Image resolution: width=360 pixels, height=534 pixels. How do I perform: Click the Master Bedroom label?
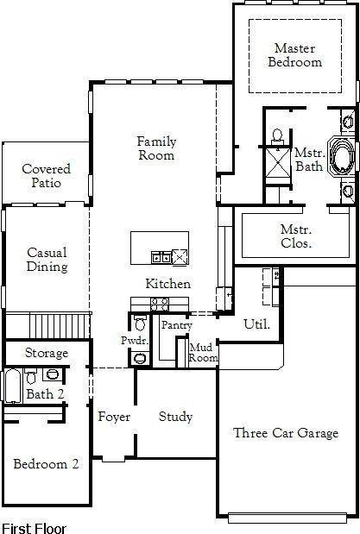(294, 55)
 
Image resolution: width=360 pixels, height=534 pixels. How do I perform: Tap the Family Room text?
(156, 148)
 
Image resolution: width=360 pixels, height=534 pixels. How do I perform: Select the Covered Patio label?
(46, 176)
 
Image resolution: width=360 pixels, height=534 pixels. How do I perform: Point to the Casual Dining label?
(47, 260)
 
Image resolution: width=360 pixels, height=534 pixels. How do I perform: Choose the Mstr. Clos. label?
(296, 236)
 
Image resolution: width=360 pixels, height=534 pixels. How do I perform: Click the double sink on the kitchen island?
(161, 256)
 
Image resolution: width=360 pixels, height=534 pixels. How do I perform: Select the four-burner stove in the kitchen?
(161, 303)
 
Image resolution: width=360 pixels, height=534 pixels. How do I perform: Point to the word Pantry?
(176, 325)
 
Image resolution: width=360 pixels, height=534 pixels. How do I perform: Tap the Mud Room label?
(203, 352)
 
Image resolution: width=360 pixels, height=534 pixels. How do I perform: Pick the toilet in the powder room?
(140, 325)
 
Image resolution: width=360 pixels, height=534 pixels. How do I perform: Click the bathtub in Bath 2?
(12, 387)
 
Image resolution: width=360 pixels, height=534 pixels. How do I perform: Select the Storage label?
(46, 354)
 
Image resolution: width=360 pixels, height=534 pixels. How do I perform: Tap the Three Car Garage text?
(286, 433)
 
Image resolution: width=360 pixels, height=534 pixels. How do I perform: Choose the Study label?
(175, 417)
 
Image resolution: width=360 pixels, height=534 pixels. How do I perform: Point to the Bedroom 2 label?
(46, 464)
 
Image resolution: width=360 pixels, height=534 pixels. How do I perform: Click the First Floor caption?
(34, 526)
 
